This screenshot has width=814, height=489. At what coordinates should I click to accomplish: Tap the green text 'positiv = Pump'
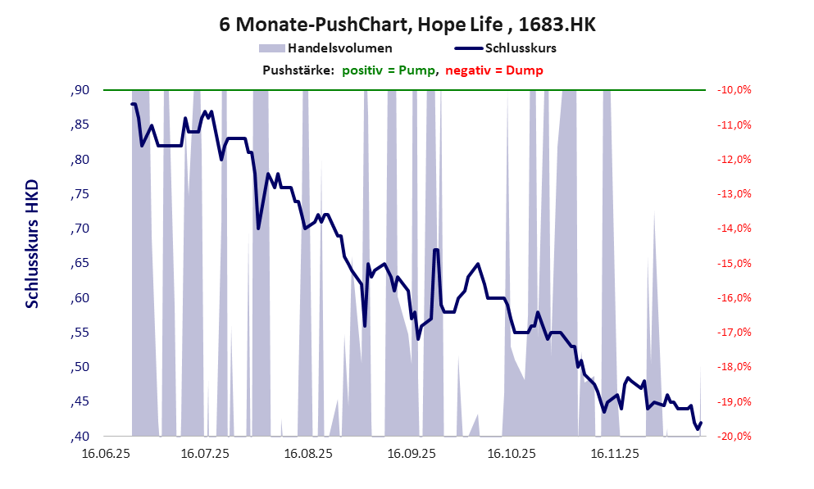(x=388, y=70)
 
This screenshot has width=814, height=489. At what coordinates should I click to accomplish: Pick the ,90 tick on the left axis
(x=80, y=90)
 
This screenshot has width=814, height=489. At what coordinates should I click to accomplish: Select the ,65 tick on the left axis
(x=80, y=263)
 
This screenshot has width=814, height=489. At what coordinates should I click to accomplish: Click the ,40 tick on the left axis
(x=80, y=436)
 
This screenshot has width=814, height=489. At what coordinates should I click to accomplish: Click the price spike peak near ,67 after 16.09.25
(x=436, y=250)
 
